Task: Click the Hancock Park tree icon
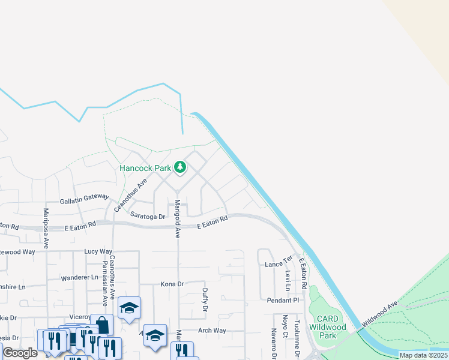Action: click(x=179, y=167)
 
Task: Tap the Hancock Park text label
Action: click(x=145, y=169)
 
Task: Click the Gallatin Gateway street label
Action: click(x=85, y=200)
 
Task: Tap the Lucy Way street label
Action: click(x=98, y=251)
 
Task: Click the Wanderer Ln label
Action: click(x=79, y=278)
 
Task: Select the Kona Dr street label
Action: click(x=172, y=284)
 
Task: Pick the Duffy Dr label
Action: click(x=205, y=299)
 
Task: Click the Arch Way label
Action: click(x=212, y=331)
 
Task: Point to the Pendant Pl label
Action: click(x=283, y=299)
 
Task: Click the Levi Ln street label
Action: click(x=289, y=277)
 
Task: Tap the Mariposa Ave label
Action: click(x=46, y=228)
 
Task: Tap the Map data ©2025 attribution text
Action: click(x=423, y=355)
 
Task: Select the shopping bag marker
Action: click(x=102, y=325)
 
